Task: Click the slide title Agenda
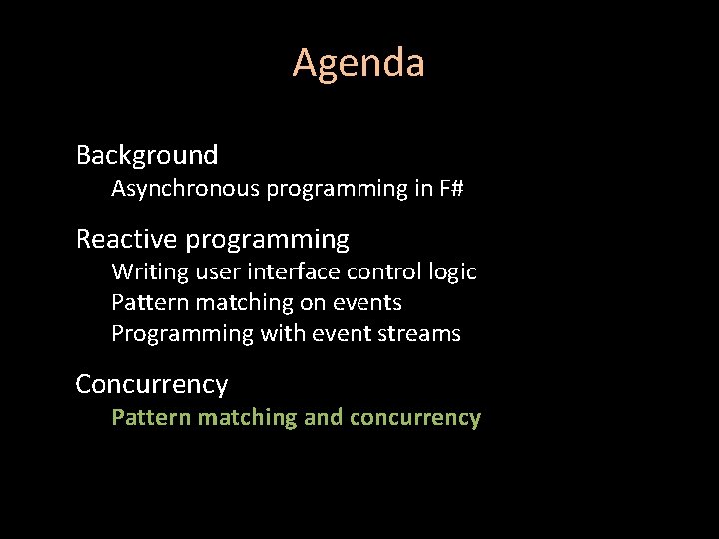[x=359, y=63]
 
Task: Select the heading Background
[x=147, y=155]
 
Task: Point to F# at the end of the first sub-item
[x=450, y=188]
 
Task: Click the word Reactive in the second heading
[x=127, y=240]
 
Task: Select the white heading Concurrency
[x=152, y=384]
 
